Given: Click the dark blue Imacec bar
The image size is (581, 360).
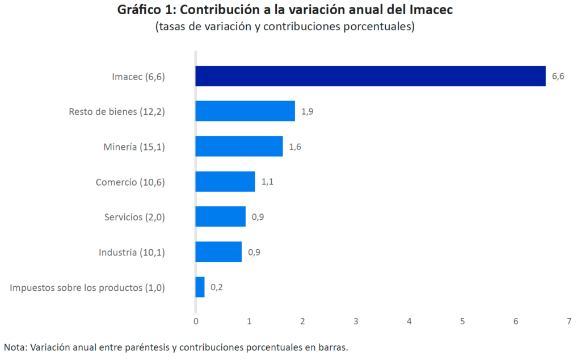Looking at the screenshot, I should coord(370,76).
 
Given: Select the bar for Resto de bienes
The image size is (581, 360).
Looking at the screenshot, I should coord(245,111).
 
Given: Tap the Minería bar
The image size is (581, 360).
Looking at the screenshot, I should coord(239,146).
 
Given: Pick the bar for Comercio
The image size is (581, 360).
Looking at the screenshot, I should coord(225,182).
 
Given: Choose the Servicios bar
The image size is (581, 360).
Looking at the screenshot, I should coord(220,216).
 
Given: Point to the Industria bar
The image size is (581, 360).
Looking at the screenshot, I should coord(218,252).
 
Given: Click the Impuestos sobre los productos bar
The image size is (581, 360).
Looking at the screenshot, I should coord(200,287).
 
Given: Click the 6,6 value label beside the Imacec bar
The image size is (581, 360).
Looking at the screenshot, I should coord(558,77).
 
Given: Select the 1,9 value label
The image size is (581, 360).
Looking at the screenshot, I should coord(307,112).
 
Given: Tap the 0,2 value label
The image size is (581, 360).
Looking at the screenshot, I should coord(217,287).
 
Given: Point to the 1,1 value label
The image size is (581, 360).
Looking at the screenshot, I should coord(267,182).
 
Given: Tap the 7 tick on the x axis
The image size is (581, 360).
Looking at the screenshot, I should coord(569,321).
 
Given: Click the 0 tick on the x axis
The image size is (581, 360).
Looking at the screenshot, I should coord(196,321).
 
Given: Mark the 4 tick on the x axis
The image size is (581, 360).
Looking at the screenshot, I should coord(409,321).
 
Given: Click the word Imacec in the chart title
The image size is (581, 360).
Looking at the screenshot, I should coord(436,10).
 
